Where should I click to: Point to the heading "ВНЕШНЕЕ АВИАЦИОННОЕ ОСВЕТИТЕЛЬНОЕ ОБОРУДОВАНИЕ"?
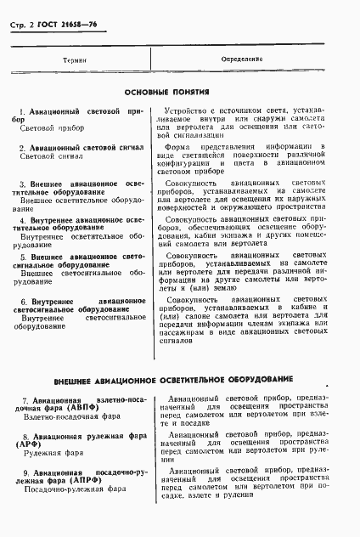pos(174,378)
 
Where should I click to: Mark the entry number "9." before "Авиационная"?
pos(26,470)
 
